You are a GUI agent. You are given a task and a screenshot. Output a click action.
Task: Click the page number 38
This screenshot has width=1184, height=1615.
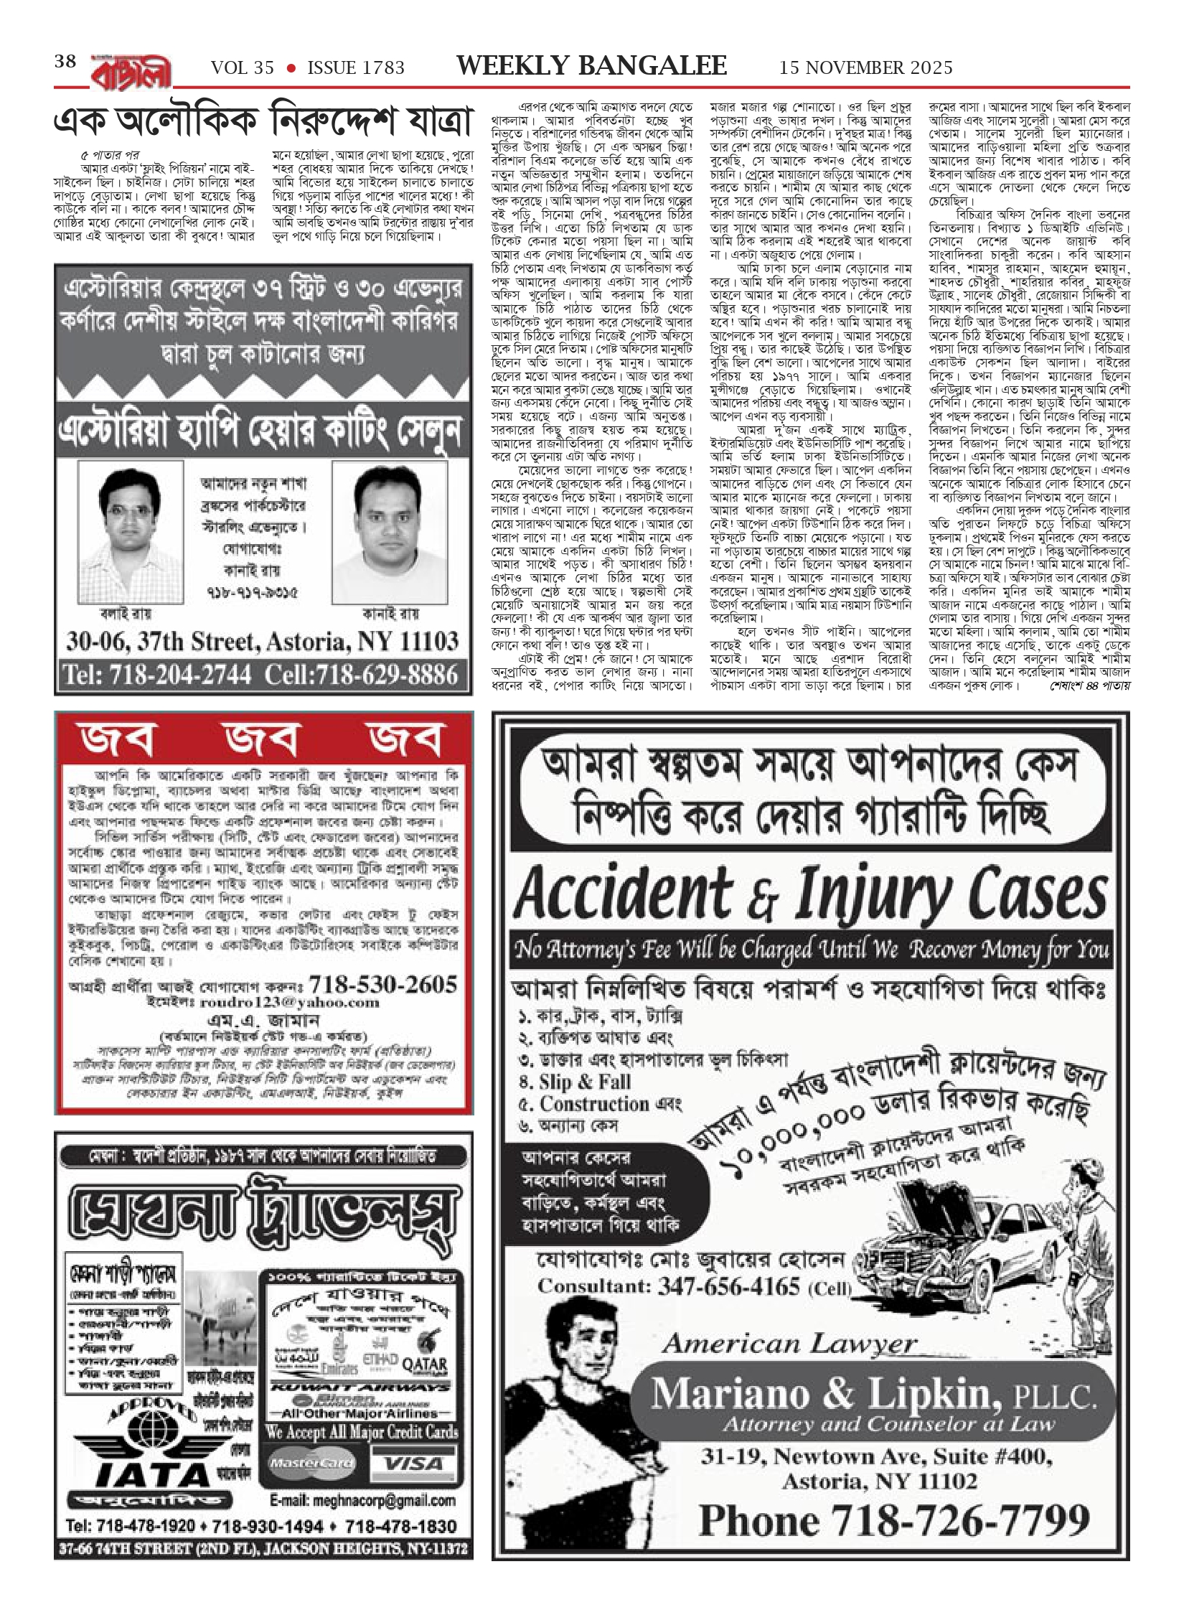[65, 62]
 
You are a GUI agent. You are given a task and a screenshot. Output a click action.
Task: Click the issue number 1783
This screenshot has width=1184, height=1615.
[355, 68]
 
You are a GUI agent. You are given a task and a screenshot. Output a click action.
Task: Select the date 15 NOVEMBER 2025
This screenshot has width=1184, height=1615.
[866, 68]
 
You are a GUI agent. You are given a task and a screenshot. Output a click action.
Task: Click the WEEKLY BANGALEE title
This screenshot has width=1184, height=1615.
[591, 66]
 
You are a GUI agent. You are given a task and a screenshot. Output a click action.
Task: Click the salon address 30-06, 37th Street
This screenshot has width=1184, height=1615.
[263, 641]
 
